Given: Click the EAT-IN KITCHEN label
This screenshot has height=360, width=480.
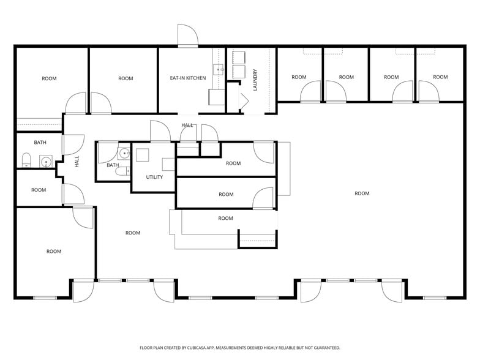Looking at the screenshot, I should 187,78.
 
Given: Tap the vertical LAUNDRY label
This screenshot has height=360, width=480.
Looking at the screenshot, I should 255,80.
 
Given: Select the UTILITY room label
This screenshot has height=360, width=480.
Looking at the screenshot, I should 154,177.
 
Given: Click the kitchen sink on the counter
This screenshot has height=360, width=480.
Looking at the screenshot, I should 219,70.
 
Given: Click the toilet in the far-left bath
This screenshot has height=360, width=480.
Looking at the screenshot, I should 26,160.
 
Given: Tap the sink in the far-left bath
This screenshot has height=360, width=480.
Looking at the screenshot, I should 45,162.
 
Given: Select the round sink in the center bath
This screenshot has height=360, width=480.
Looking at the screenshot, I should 124,153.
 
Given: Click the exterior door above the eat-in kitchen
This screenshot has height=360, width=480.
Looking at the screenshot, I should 187,37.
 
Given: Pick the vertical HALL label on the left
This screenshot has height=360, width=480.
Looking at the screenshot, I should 77,162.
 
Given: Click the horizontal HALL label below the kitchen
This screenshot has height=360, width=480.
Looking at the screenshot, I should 187,125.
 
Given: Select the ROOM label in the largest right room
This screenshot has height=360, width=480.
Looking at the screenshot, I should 362,193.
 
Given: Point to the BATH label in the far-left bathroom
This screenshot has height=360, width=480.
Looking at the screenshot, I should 40,143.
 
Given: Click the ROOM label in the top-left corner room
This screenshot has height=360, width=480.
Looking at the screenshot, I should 49,78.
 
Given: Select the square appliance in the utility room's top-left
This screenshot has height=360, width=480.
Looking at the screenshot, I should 143,154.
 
